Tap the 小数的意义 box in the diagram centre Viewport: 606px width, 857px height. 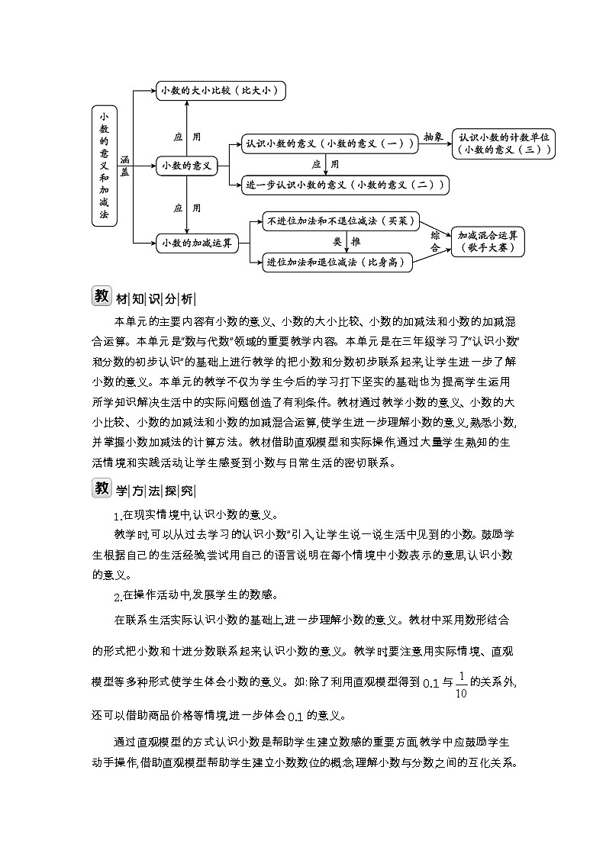186,165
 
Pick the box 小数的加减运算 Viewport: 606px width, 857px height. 196,243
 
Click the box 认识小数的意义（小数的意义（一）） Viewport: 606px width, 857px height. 328,143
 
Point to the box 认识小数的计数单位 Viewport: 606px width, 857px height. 503,143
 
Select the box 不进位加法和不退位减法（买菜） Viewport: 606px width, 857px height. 340,221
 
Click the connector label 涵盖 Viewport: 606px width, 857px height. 124,166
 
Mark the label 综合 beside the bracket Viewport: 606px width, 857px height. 435,241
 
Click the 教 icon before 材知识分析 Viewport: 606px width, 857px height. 102,296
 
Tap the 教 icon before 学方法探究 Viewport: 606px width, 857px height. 102,488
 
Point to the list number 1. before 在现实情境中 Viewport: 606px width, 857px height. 118,515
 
